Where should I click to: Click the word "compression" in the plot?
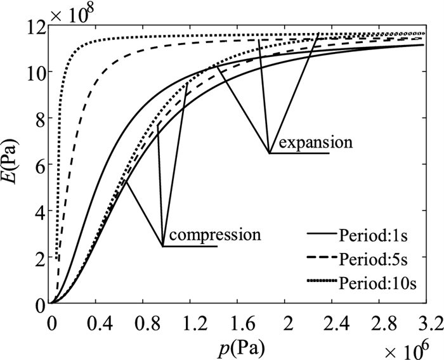(215, 235)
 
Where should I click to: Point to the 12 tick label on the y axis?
(36, 27)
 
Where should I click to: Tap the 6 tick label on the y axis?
(39, 165)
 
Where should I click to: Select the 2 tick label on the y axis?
(39, 258)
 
